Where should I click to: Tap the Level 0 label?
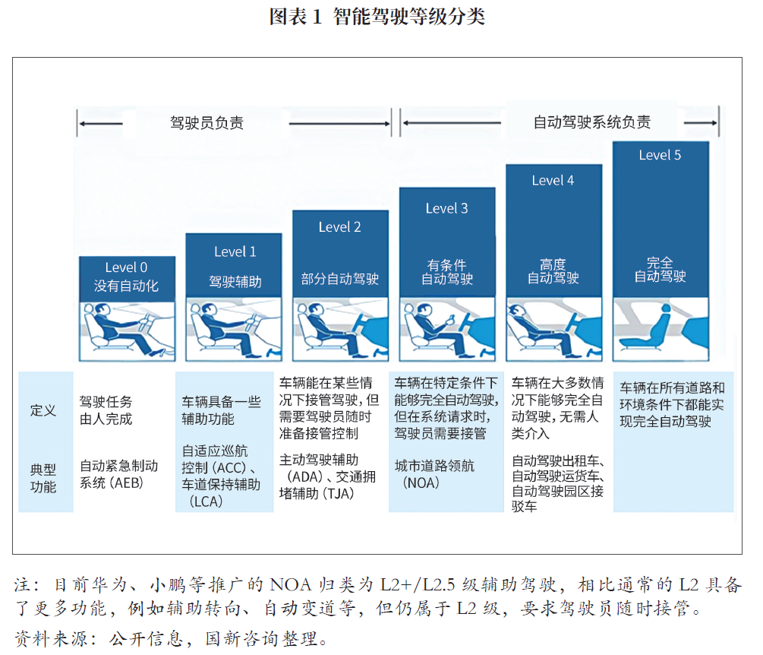tap(126, 267)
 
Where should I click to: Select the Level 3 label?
tap(446, 208)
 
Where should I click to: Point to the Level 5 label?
tap(660, 155)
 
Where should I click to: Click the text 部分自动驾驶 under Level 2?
tap(339, 279)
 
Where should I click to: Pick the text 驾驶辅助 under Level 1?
tap(235, 281)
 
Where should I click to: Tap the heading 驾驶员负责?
tap(207, 123)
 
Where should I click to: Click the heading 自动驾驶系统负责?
tap(591, 122)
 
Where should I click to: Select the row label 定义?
tap(43, 410)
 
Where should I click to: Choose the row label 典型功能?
tap(43, 478)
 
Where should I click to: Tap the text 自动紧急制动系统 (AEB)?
tap(118, 474)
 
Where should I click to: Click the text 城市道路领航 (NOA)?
tap(434, 474)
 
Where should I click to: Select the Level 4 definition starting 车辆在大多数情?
tap(558, 408)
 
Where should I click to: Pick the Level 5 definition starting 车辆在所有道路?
tap(672, 404)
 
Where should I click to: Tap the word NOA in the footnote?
tap(291, 584)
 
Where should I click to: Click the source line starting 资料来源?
tap(172, 638)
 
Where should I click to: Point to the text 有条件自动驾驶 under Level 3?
tap(446, 272)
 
